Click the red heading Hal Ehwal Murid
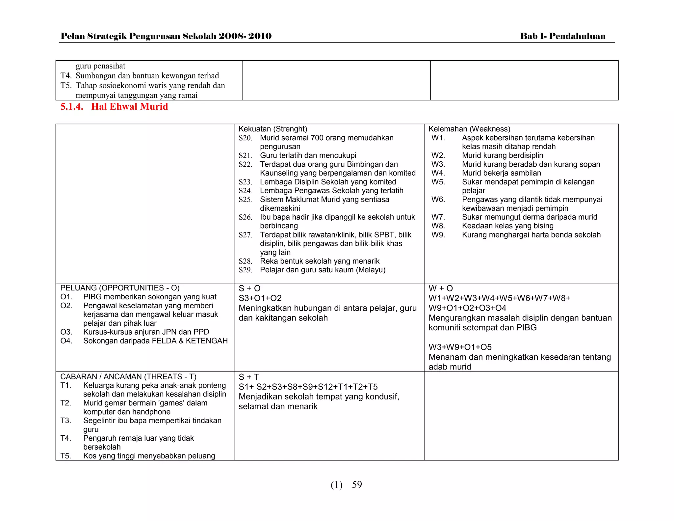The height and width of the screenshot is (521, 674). pos(129,107)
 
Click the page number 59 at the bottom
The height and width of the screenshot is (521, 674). pos(357,484)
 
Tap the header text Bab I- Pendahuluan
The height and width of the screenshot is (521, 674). pos(562,36)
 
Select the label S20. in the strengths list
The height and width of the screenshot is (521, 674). pos(245,138)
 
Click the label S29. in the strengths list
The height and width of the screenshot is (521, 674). pos(245,270)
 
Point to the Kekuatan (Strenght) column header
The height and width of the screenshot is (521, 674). pos(272,129)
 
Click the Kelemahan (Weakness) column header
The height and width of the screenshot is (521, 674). pos(469,129)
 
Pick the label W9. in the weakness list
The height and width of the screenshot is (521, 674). pos(438,235)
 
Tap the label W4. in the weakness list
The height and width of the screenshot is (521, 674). pos(438,173)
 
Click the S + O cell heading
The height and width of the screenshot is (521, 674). pos(249,288)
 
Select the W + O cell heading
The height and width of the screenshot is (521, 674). pos(440,288)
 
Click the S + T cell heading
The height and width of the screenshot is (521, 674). pos(249,377)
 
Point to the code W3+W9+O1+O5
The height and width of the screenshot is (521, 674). pos(460,347)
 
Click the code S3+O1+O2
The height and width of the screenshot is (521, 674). pos(260,298)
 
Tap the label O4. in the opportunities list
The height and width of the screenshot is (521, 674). pos(66,341)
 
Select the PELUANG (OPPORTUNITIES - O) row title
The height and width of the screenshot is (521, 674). pos(120,288)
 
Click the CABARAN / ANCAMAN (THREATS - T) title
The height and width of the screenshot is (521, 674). pos(128,376)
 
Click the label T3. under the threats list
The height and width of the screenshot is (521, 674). pos(66,421)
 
